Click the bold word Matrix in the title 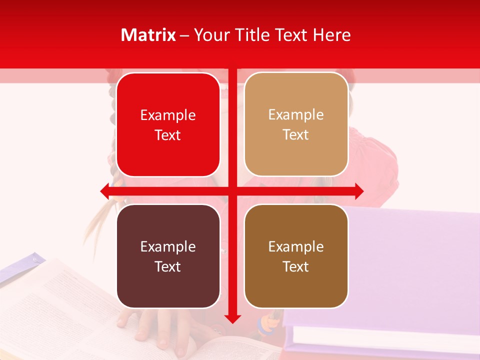point(148,35)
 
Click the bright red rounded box point(168,125)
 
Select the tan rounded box point(296,124)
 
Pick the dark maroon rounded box point(168,256)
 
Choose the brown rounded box point(296,256)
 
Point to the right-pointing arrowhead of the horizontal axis point(359,191)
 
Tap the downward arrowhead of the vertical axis point(232,318)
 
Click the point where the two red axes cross point(232,191)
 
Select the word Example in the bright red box point(168,115)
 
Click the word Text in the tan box point(296,135)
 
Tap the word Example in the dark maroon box point(168,246)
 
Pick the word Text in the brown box point(296,266)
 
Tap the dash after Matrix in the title point(184,35)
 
